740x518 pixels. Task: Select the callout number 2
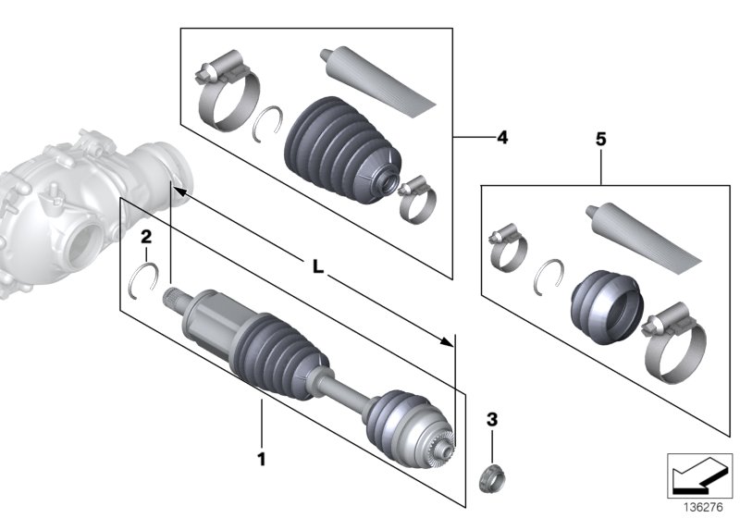[145, 238]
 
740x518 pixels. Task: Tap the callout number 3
[492, 420]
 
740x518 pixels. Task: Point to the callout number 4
[501, 138]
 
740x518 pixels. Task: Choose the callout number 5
[600, 140]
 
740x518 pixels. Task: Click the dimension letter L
[316, 267]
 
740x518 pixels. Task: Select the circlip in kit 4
[267, 121]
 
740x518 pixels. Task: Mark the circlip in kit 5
[551, 274]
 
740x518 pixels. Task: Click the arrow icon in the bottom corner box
[694, 476]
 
